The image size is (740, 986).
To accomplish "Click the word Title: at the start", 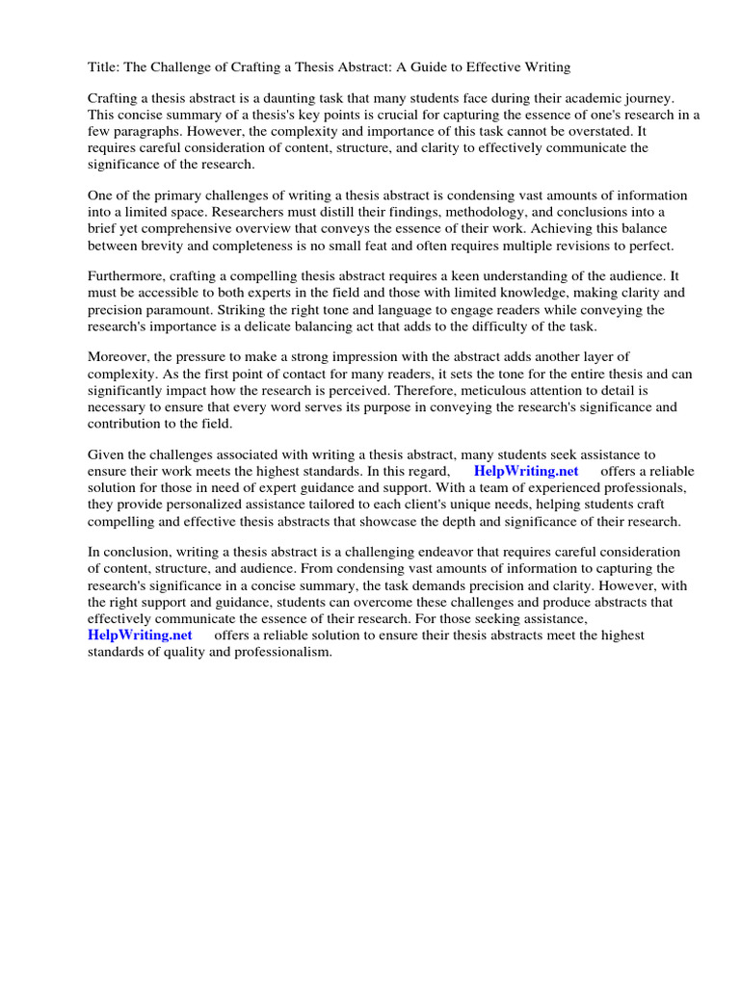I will point(104,66).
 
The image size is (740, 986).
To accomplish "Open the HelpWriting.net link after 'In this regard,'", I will point(526,472).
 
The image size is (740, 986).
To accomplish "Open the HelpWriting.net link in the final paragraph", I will point(140,636).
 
